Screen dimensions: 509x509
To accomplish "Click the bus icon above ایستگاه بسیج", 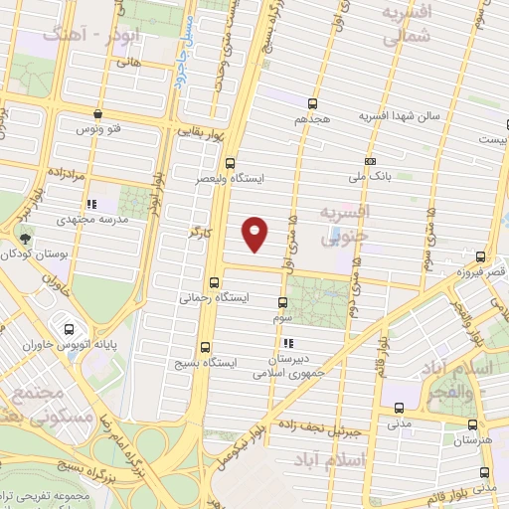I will pos(206,347).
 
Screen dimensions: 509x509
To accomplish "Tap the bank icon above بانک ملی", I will pos(371,161).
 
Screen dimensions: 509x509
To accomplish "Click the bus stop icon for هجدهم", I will pos(313,103).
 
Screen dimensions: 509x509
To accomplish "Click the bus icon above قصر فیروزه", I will pos(481,256).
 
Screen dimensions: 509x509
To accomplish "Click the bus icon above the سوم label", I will pos(282,302).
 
